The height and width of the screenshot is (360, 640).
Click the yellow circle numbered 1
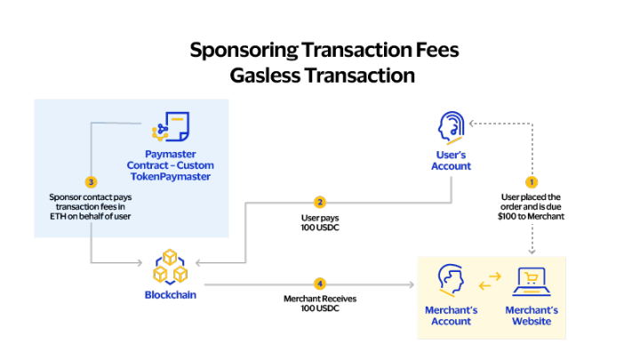[x=532, y=181]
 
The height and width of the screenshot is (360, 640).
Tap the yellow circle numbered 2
[x=320, y=203]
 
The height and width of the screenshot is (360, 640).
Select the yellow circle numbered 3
[x=91, y=181]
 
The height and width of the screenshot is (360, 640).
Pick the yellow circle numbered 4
[x=320, y=284]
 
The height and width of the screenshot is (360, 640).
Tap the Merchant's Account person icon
[x=451, y=281]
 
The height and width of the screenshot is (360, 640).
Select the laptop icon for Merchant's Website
[x=532, y=282]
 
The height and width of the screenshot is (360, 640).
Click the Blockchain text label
[x=170, y=294]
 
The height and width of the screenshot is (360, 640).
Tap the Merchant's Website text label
[x=532, y=316]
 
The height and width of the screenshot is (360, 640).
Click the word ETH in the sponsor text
[x=59, y=217]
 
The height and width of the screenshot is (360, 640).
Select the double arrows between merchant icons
[x=491, y=282]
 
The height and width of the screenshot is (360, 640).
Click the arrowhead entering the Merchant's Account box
[x=412, y=284]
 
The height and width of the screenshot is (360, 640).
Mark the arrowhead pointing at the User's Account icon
[x=472, y=124]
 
